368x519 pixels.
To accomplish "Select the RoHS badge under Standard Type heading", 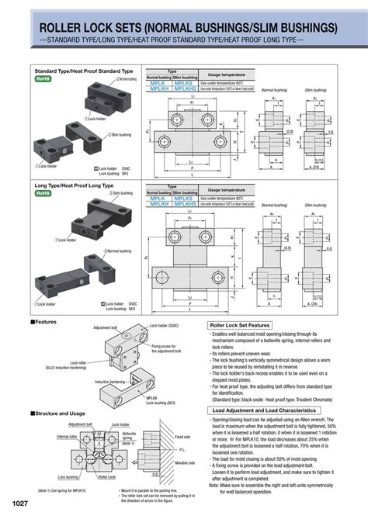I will coord(43,79).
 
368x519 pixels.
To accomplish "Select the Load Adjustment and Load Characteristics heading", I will coord(264,409).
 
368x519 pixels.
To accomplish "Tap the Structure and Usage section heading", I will coord(61,413).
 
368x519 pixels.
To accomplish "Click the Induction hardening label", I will coord(111,382).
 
